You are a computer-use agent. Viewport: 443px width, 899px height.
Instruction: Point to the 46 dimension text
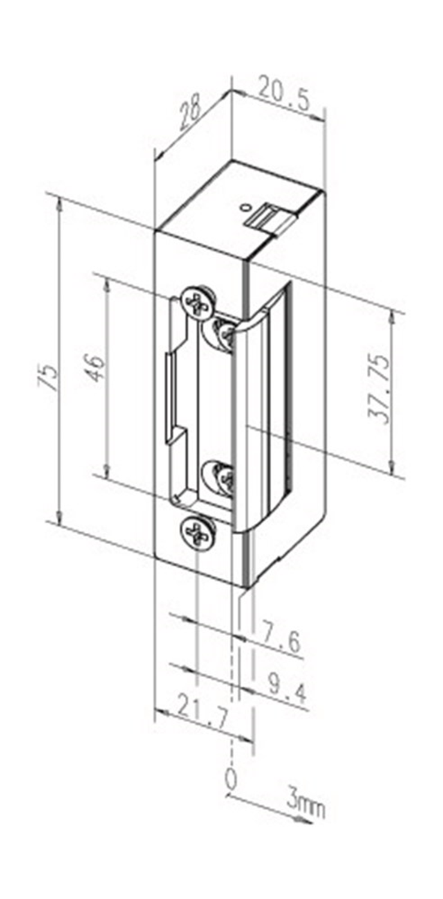pos(95,367)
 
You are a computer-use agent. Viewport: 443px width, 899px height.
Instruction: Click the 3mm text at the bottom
pos(306,807)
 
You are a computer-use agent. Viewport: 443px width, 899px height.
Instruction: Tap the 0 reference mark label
pos(231,779)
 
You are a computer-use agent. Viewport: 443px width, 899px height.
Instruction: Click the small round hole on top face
pos(243,207)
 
